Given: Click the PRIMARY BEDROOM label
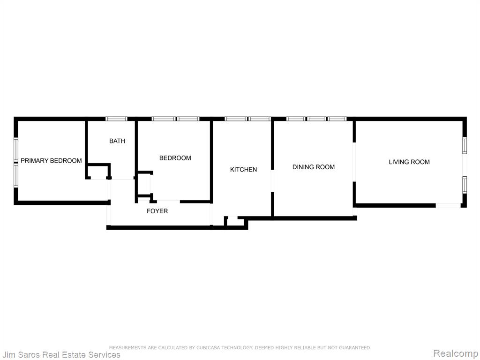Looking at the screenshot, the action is [51, 161].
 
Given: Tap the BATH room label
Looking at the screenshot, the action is [117, 141].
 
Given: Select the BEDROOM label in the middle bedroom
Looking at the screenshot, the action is [175, 158].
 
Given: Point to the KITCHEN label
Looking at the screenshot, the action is [243, 170].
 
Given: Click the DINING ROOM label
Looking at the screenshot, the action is [314, 167].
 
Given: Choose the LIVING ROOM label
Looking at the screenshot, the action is [409, 162].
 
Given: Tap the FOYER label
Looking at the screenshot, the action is [157, 211].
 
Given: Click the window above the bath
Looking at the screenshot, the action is [116, 119].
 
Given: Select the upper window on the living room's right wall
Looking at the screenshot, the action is [465, 145].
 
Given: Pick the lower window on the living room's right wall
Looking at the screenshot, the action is [465, 185].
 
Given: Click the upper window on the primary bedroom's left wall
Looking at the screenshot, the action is [16, 149].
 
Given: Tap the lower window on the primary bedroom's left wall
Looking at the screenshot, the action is [16, 175].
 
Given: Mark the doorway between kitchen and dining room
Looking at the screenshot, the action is [272, 180].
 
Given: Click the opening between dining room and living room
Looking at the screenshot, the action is [354, 162].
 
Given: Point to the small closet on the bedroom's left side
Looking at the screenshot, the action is [144, 184].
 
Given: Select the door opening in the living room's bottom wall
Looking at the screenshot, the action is [448, 205].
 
